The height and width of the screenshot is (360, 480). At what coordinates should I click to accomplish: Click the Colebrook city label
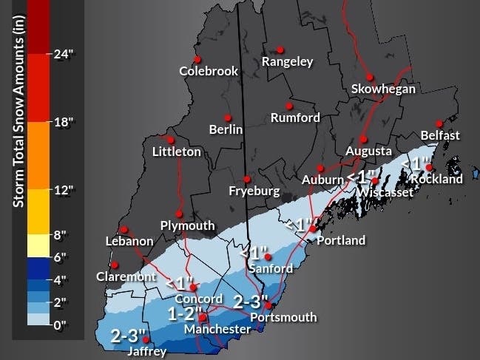click(x=209, y=72)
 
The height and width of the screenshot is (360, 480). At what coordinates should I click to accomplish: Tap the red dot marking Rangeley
click(x=280, y=50)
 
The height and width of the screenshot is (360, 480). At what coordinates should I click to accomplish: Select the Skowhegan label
click(x=383, y=89)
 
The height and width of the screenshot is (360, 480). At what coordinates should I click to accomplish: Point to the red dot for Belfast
click(x=439, y=123)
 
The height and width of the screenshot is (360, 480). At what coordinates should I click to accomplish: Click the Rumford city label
click(x=295, y=118)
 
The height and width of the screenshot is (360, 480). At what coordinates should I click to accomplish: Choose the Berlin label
click(x=226, y=129)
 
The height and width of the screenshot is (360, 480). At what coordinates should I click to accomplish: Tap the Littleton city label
click(x=176, y=152)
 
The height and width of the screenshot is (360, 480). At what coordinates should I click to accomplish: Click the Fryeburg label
click(x=254, y=191)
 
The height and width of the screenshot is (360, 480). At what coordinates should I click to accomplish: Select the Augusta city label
click(x=368, y=151)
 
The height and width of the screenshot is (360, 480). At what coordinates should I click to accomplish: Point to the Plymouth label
click(x=187, y=225)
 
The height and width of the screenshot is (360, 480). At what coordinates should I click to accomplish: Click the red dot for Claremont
click(x=114, y=265)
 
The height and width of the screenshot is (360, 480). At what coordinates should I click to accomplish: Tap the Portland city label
click(x=341, y=240)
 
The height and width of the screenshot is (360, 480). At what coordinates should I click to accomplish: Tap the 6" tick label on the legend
click(x=61, y=257)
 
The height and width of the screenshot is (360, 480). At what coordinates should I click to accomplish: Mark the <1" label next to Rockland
click(x=415, y=162)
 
